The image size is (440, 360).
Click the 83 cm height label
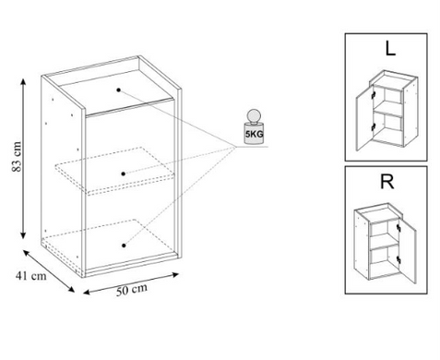point(18,157)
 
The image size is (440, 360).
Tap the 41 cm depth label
point(31,276)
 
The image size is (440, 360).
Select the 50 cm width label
point(132,290)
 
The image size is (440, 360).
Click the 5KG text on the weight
point(254,134)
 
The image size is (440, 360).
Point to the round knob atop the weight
point(254,116)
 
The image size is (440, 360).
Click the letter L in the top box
point(390,48)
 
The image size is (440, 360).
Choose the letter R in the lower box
point(386,182)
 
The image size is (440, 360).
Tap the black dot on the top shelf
point(118,90)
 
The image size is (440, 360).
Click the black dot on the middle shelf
point(124,174)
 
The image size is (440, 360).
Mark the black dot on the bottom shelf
point(124,246)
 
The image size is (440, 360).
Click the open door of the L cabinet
point(364,118)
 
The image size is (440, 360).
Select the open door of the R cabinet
point(408,251)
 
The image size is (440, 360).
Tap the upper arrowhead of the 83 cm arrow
point(23,81)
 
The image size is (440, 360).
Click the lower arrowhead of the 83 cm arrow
point(23,235)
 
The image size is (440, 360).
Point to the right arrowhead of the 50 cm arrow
point(175,274)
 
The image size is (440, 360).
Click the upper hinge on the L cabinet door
point(374,95)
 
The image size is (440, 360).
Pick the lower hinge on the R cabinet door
point(398,259)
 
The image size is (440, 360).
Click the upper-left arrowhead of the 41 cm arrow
point(27,253)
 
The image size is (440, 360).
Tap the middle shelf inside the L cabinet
point(387,113)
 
